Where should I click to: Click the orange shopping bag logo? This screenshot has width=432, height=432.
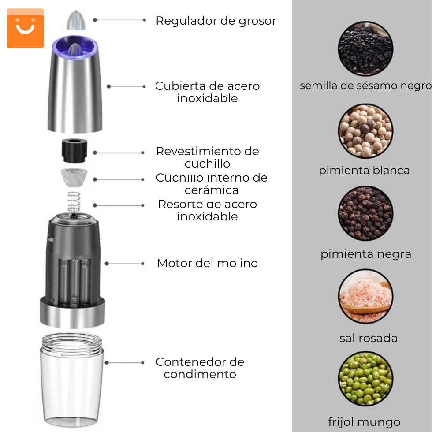click(25, 28)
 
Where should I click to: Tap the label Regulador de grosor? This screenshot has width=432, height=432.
click(216, 21)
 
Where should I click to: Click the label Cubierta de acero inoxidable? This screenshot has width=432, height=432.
click(207, 92)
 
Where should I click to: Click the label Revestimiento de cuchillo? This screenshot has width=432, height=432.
click(207, 157)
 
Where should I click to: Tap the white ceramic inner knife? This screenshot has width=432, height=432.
click(73, 177)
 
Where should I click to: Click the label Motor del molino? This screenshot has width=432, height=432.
click(207, 263)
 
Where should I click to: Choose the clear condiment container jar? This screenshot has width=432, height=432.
click(73, 379)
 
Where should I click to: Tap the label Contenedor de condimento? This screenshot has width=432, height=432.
click(200, 368)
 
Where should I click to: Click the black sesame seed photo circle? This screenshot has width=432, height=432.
click(365, 48)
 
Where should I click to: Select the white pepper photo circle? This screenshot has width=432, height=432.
click(365, 131)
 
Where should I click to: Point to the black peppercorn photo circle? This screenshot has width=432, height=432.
click(365, 213)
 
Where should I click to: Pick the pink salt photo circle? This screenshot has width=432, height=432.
click(365, 297)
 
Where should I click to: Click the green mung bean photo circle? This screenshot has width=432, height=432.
click(365, 379)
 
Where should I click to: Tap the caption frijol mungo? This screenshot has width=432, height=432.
click(364, 422)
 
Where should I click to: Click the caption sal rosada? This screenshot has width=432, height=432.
click(368, 338)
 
